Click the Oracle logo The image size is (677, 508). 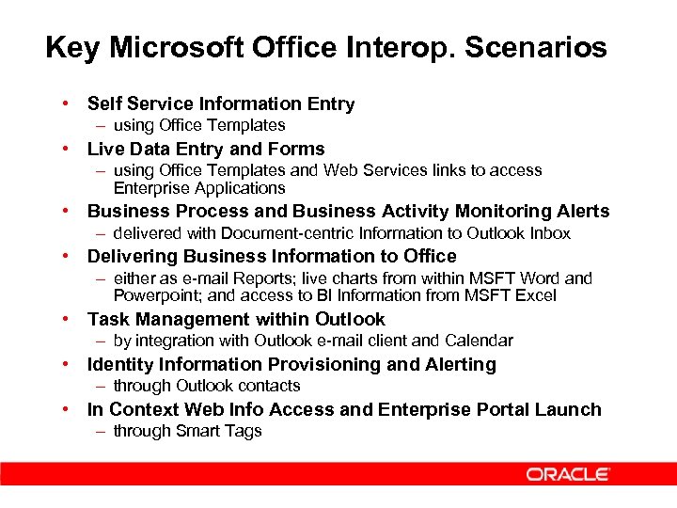568,474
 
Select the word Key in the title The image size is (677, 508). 70,47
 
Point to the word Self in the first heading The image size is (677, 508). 104,103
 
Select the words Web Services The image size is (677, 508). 370,170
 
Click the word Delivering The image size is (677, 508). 133,256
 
